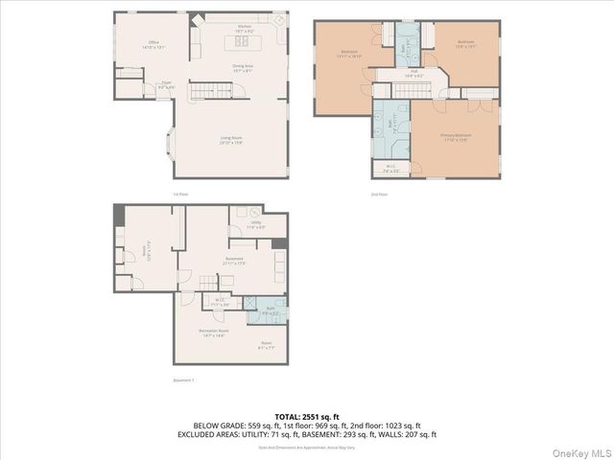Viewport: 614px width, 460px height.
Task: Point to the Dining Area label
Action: coord(243,68)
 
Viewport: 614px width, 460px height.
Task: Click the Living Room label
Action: coord(230,140)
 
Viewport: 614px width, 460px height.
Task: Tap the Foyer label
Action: coord(167,85)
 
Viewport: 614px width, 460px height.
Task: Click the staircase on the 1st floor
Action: coord(203,91)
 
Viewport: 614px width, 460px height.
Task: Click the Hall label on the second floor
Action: coord(414,73)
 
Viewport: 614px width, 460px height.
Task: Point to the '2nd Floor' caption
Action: coord(379,195)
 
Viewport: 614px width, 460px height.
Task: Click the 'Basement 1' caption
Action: coord(183,380)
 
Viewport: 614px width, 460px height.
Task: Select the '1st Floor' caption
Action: coord(179,195)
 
